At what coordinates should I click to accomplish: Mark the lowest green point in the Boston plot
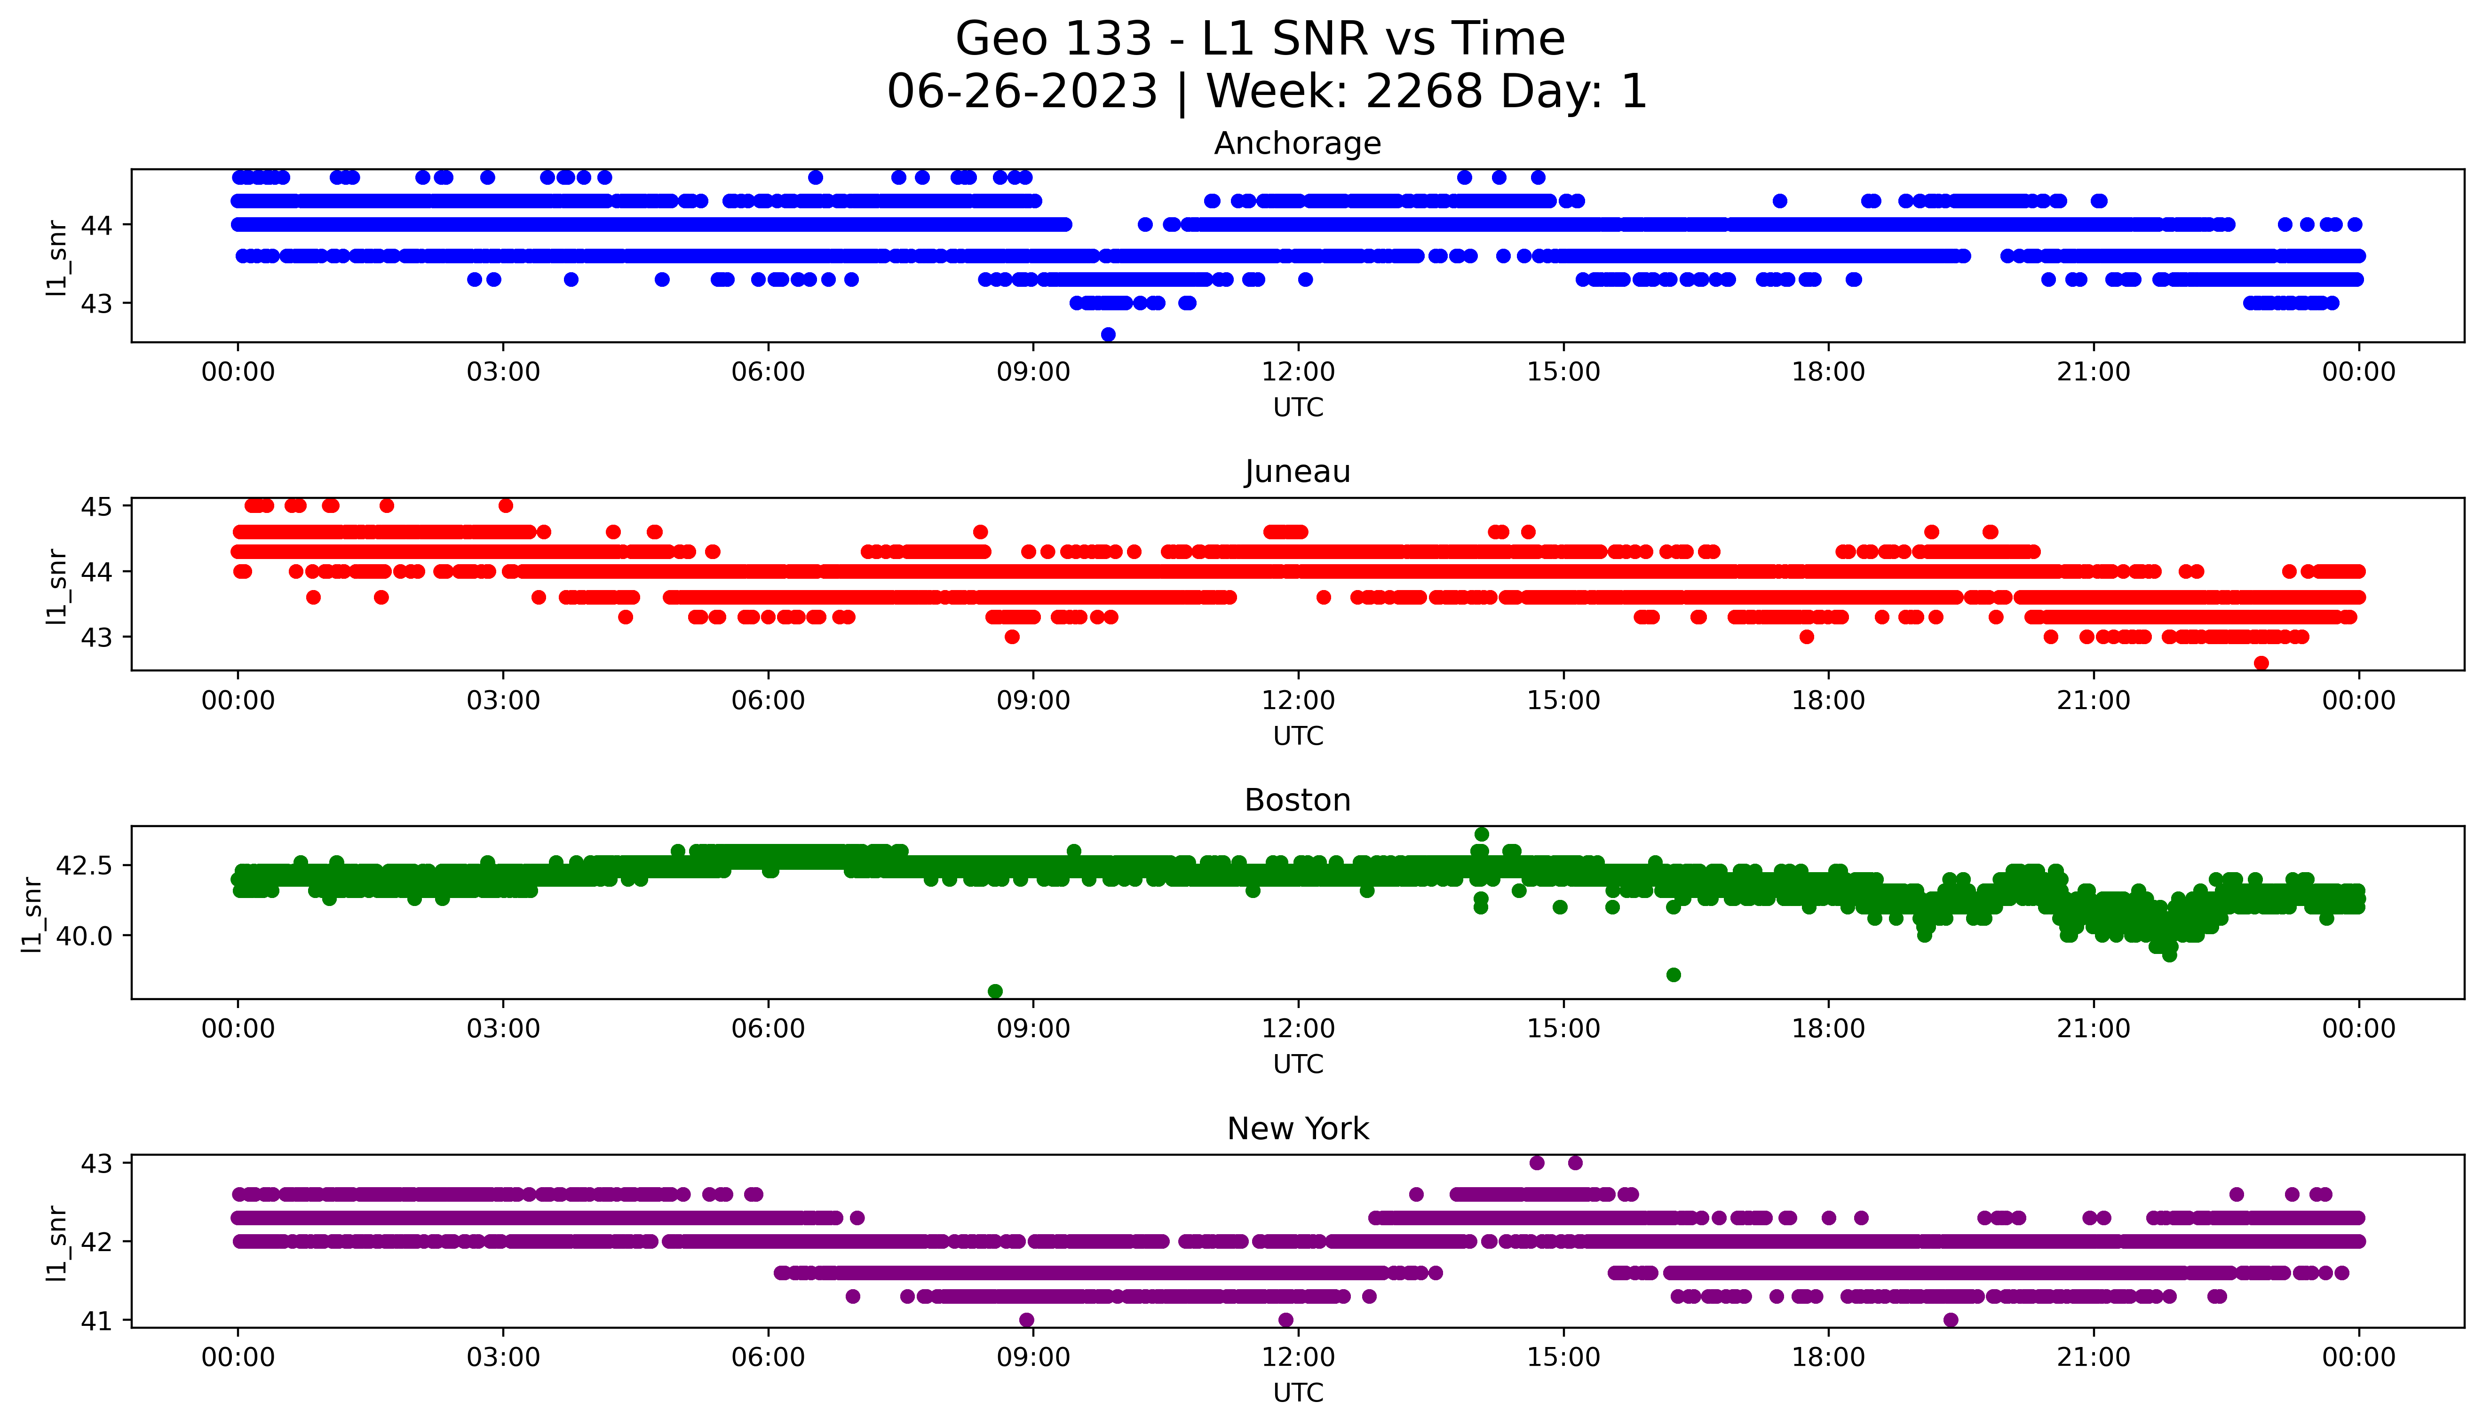tap(995, 991)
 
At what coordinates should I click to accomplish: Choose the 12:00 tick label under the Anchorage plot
tap(1298, 372)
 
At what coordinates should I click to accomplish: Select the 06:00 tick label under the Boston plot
tap(768, 1028)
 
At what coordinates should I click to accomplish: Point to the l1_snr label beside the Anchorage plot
tap(57, 257)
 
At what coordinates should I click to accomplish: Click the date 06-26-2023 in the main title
tap(1022, 92)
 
